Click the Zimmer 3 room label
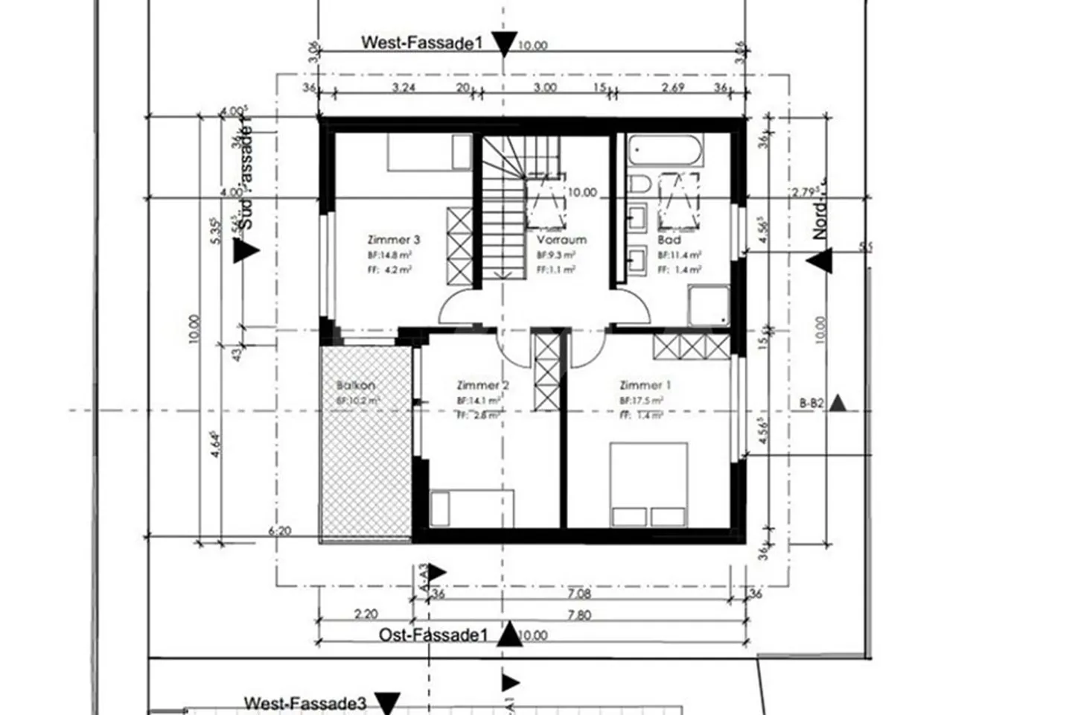tap(394, 240)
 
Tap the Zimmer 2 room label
tap(482, 385)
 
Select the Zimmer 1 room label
tap(645, 385)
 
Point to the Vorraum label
tap(561, 240)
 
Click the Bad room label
tap(669, 240)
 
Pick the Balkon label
tap(356, 386)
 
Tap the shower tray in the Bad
tap(708, 306)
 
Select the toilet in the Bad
tap(639, 184)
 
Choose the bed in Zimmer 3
tap(429, 153)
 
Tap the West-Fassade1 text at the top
tap(421, 43)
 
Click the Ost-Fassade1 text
tap(433, 635)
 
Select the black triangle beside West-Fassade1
tap(505, 44)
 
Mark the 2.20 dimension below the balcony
tap(366, 614)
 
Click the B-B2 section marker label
tap(811, 404)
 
